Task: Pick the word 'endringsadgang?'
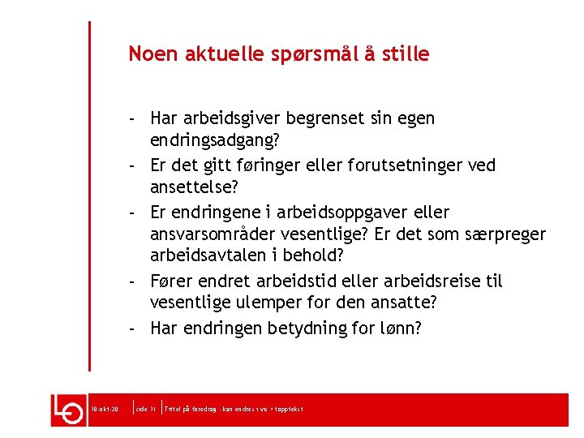(x=215, y=141)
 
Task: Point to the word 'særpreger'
(x=508, y=235)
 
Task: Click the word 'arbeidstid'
(x=298, y=281)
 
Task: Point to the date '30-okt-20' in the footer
(x=106, y=409)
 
